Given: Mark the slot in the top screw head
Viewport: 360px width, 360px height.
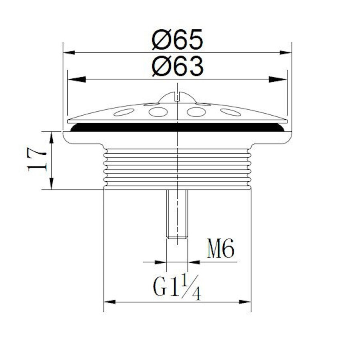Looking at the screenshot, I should (177, 96).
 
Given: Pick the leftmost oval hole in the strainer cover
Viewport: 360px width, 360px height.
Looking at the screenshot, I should (124, 112).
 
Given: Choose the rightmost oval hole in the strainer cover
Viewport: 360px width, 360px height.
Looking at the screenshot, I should (230, 112).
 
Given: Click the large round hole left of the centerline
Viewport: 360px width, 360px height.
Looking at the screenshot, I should (158, 112).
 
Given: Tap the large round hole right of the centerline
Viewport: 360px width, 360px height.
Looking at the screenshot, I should (196, 112).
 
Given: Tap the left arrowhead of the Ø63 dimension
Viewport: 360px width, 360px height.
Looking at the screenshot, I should (74, 79).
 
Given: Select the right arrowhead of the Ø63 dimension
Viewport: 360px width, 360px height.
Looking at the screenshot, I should (281, 79).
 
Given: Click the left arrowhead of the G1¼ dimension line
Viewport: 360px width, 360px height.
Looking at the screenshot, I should (110, 302).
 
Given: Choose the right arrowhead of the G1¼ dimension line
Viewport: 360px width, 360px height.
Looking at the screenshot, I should (245, 302).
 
